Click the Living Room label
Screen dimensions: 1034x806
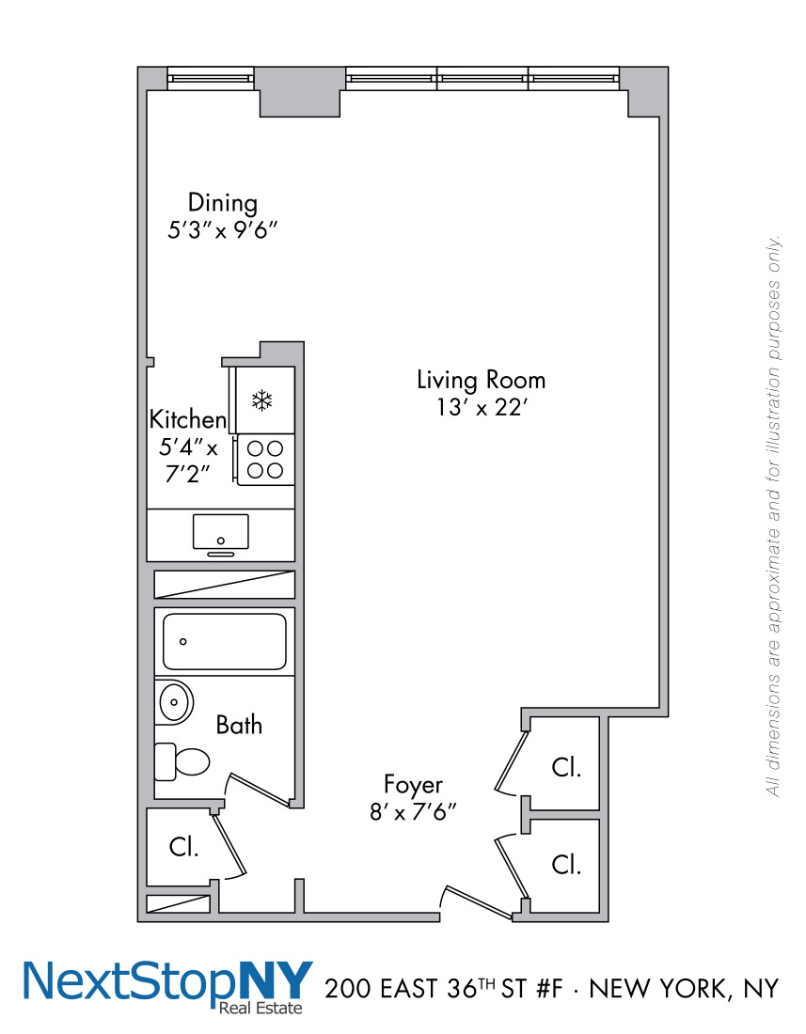(481, 380)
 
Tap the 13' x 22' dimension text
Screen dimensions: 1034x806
(481, 410)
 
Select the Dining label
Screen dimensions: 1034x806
(222, 202)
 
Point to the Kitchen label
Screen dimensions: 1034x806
(188, 419)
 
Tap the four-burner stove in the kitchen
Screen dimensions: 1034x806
(265, 460)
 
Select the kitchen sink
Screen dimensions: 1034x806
(220, 533)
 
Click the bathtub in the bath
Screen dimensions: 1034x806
(224, 642)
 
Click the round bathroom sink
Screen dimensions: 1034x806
(173, 702)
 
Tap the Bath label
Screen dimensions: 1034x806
(239, 725)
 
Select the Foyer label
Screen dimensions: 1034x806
(413, 784)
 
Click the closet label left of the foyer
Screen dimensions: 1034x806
(183, 847)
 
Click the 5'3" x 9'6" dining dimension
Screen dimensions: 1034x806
(222, 230)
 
